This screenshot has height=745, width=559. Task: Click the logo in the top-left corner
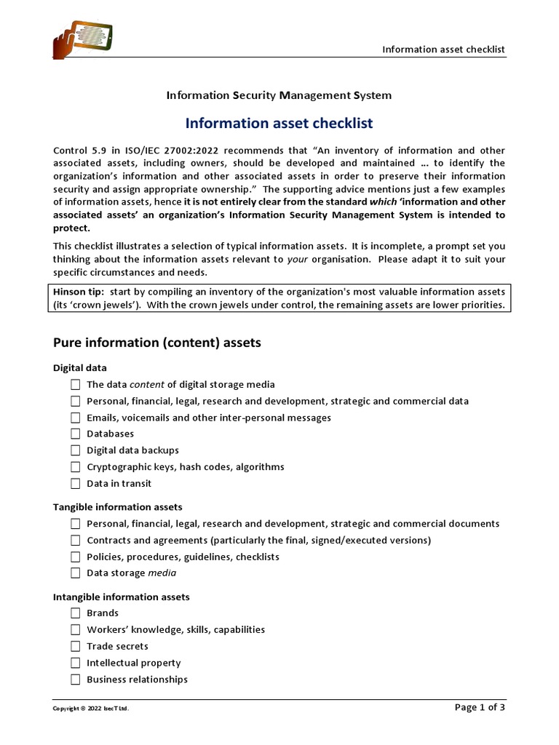click(x=84, y=36)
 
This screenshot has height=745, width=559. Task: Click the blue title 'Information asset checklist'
click(x=279, y=124)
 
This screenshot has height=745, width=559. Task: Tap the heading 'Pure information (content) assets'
click(x=156, y=343)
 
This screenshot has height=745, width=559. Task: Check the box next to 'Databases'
click(x=76, y=434)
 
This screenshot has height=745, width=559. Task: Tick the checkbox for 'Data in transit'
click(x=76, y=484)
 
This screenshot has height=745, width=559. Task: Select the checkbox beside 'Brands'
click(x=76, y=613)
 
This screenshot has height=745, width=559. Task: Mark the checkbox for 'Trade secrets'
click(x=76, y=647)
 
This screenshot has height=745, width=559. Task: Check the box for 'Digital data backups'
click(x=76, y=451)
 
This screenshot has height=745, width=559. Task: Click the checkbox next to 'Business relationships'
click(x=76, y=680)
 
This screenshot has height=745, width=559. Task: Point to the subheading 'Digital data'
click(x=80, y=368)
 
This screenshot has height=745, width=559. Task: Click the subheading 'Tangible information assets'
click(x=118, y=507)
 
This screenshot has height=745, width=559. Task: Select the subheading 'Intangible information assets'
click(x=121, y=597)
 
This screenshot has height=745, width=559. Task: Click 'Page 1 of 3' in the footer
click(x=479, y=707)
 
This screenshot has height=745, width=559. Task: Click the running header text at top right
click(x=443, y=49)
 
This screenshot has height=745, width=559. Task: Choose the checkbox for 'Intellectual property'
click(x=76, y=664)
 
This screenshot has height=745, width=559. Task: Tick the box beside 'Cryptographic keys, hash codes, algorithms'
click(x=76, y=467)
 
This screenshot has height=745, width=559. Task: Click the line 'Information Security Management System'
click(x=279, y=95)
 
